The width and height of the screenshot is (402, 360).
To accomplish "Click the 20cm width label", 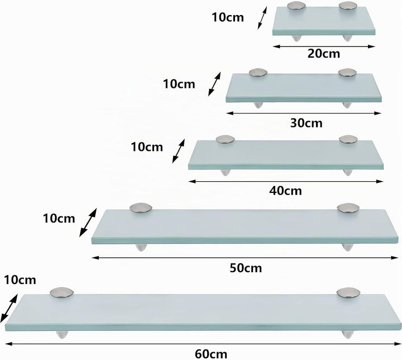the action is pyautogui.click(x=323, y=54).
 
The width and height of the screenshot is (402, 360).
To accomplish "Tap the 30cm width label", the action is pyautogui.click(x=306, y=123).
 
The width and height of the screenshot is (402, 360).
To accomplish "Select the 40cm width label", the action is pyautogui.click(x=285, y=191).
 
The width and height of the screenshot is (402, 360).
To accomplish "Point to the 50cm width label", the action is pyautogui.click(x=246, y=268).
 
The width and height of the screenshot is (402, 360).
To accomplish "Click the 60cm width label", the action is pyautogui.click(x=211, y=354).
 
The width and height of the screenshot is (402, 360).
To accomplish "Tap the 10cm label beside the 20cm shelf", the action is pyautogui.click(x=228, y=17).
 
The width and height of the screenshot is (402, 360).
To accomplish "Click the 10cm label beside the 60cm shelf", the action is pyautogui.click(x=20, y=280).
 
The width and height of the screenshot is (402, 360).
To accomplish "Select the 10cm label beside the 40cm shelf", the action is pyautogui.click(x=147, y=147).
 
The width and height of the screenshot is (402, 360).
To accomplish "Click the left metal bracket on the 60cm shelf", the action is pyautogui.click(x=62, y=293).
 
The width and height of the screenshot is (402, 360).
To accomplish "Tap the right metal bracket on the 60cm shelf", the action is pyautogui.click(x=347, y=293).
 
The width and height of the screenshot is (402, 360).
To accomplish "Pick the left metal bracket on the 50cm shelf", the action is pyautogui.click(x=141, y=208).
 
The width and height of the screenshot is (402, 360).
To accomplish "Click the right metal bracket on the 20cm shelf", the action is pyautogui.click(x=348, y=6).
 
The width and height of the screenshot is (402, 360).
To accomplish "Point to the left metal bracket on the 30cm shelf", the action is pyautogui.click(x=258, y=73).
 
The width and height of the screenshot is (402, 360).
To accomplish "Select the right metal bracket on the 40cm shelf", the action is pyautogui.click(x=348, y=139).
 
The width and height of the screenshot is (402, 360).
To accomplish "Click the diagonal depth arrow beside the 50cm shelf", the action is pyautogui.click(x=88, y=222).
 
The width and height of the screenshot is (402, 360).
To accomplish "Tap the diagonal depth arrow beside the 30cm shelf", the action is pyautogui.click(x=214, y=84).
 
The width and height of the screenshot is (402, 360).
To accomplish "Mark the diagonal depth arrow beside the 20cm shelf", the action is pyautogui.click(x=262, y=18).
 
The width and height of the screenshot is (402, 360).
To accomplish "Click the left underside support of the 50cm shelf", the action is pyautogui.click(x=141, y=248).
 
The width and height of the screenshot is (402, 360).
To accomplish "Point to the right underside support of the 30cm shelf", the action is pyautogui.click(x=346, y=105).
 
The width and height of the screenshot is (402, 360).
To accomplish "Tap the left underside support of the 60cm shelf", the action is pyautogui.click(x=62, y=335).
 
